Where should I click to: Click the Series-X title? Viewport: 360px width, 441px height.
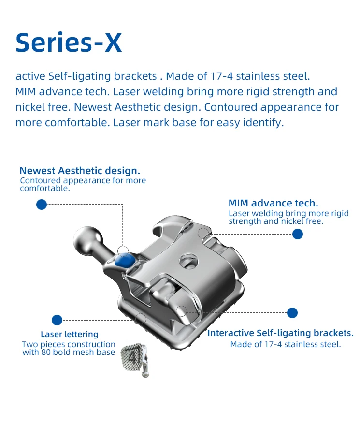(69, 43)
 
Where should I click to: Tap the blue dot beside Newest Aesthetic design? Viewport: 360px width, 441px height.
(42, 205)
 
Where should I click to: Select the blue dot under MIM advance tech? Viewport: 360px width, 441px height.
(298, 234)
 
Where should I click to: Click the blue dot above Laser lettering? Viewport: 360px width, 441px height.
(57, 320)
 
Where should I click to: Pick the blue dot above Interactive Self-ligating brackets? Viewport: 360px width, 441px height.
(292, 313)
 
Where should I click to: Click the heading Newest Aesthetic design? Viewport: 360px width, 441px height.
(80, 171)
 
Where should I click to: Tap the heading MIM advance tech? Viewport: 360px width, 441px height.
(274, 203)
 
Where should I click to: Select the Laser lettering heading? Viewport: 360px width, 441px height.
(70, 334)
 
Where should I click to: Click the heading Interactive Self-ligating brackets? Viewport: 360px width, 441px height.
(280, 333)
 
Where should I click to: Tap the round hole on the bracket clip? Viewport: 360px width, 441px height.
(188, 260)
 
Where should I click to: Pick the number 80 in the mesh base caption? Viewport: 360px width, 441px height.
(46, 352)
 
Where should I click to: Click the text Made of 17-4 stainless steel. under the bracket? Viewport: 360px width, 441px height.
(286, 344)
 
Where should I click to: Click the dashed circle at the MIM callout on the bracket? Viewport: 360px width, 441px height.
(203, 234)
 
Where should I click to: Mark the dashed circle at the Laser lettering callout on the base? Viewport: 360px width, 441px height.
(141, 319)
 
